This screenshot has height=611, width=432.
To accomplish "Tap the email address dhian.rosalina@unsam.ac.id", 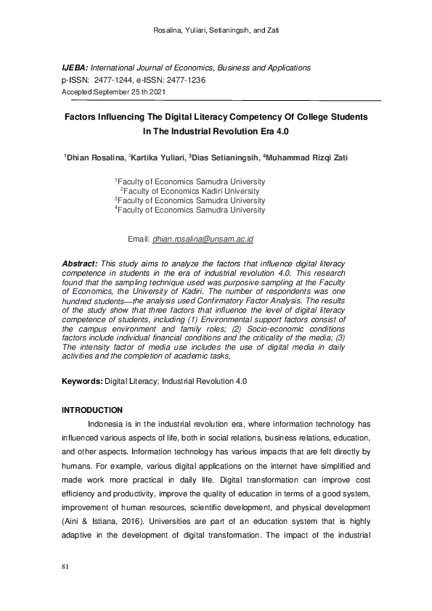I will click(203, 238).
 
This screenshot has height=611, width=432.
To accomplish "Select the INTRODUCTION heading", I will click(92, 411).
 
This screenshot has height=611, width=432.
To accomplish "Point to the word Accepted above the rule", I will click(77, 93).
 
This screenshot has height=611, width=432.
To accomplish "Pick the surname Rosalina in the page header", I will click(171, 30).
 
